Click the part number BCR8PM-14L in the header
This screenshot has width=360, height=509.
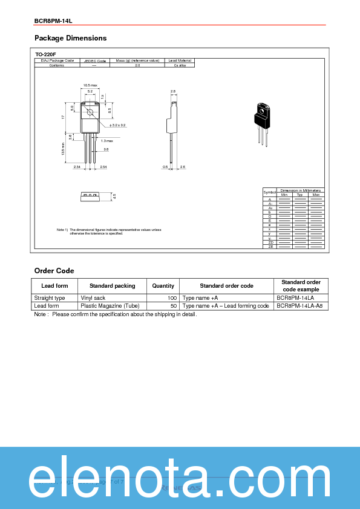pos(53,21)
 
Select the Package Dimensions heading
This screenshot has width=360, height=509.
pos(70,38)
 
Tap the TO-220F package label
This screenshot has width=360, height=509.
pos(45,54)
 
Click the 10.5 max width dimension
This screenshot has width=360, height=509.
pos(90,85)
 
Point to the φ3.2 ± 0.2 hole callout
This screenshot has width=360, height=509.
pos(114,125)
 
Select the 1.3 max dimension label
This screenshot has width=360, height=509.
pos(107,140)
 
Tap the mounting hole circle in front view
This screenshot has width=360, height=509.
pos(90,112)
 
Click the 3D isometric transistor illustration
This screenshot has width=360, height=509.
pos(262,121)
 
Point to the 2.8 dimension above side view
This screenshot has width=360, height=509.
pos(173,91)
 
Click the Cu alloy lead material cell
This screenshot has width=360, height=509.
pos(180,65)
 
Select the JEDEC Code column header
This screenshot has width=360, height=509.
pos(94,61)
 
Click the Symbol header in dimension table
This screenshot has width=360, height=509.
pos(269,192)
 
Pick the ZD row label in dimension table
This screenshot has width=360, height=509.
pos(270,242)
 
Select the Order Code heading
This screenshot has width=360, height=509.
pos(54,271)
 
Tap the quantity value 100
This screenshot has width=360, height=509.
pos(172,298)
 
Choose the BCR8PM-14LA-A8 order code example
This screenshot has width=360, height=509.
pos(299,306)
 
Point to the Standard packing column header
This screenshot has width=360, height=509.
pos(112,285)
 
